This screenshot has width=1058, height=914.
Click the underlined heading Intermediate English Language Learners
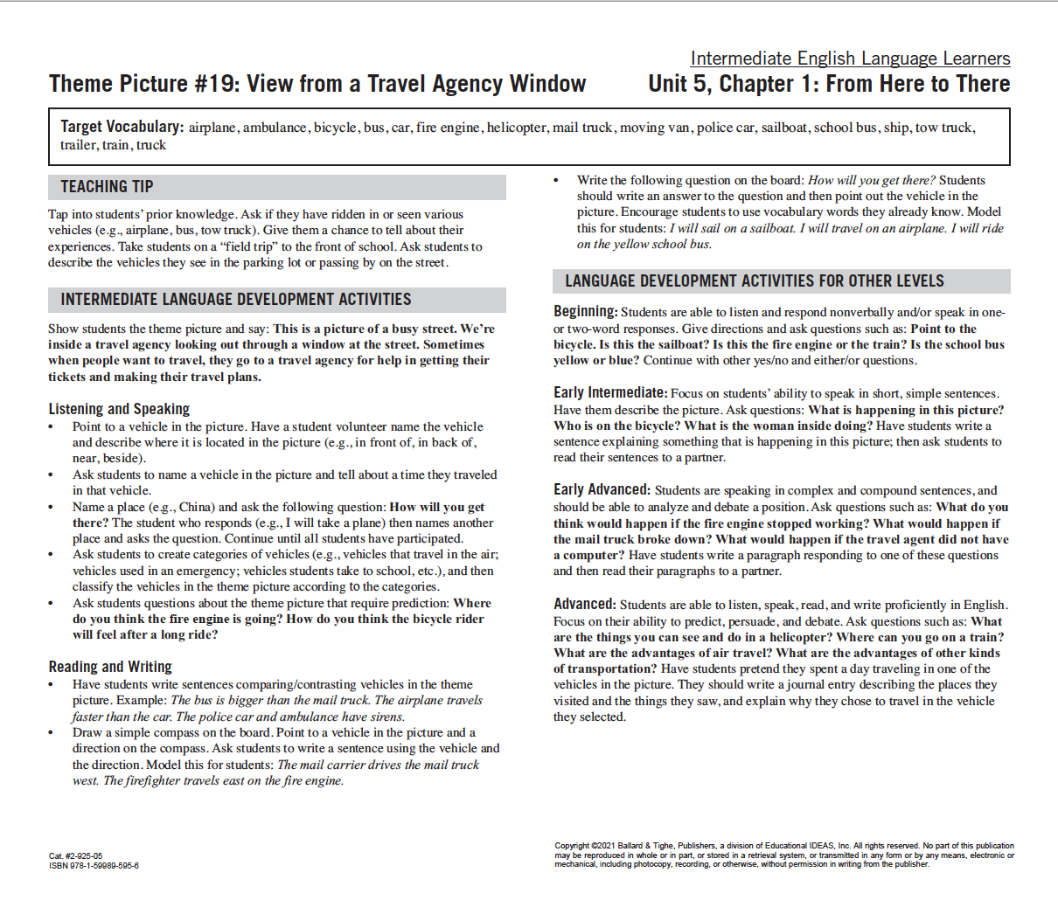[x=850, y=59]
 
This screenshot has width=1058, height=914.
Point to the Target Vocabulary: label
[x=122, y=127]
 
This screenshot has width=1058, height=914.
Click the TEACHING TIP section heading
[x=107, y=187]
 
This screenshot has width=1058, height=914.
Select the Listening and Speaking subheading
[x=119, y=409]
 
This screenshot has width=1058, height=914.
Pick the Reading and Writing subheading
[x=110, y=667]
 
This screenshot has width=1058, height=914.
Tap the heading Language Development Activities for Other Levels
[x=754, y=281]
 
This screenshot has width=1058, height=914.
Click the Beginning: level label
[x=585, y=312]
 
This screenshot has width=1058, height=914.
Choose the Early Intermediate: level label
[x=609, y=393]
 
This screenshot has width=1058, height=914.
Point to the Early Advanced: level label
[x=602, y=490]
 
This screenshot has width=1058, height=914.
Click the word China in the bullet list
[x=196, y=507]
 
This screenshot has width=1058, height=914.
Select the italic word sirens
[x=386, y=717]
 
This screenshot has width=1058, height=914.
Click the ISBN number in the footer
[x=94, y=866]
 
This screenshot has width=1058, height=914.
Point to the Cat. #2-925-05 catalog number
[x=75, y=856]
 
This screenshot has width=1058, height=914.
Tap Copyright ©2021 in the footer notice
[x=585, y=846]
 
